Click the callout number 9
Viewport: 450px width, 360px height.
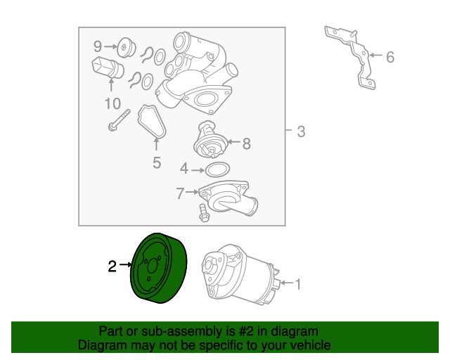click(98, 46)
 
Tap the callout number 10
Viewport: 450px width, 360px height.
click(112, 103)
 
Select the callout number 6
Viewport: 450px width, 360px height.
click(390, 57)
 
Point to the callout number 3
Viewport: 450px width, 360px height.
click(301, 131)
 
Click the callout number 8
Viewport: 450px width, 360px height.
click(247, 143)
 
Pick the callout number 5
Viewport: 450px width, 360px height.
click(157, 162)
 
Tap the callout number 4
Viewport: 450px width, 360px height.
click(184, 169)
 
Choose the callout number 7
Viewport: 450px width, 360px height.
click(180, 193)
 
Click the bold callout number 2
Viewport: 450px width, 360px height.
click(112, 266)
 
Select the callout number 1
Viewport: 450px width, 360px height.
click(298, 284)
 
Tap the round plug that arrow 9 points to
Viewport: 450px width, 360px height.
click(127, 47)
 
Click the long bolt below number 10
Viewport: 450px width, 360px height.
click(119, 120)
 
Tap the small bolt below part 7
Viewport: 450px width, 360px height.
click(203, 213)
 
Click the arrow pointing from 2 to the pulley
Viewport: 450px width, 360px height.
click(126, 264)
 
